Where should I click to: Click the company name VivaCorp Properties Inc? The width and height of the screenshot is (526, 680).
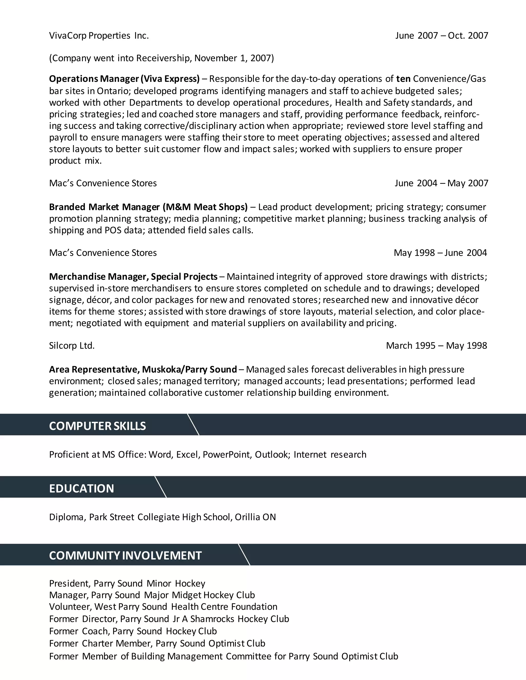[99, 36]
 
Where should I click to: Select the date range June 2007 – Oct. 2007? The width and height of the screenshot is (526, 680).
[442, 36]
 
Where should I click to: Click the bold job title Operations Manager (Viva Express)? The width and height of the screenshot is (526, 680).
[124, 79]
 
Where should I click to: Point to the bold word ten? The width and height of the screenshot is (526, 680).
[403, 79]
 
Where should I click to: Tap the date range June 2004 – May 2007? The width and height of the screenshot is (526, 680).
[441, 183]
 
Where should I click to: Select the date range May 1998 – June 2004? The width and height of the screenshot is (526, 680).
[440, 253]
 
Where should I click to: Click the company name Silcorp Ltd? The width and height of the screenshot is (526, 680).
[72, 346]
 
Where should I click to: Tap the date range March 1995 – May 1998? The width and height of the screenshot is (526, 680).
[436, 346]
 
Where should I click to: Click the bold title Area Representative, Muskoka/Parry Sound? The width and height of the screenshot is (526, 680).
[143, 370]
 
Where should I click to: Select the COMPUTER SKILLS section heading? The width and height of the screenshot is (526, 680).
[98, 426]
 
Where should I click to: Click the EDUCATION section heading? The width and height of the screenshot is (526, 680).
[82, 489]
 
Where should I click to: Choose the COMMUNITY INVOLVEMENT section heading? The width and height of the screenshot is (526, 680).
[126, 556]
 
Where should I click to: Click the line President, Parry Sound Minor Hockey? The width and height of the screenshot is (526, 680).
[127, 584]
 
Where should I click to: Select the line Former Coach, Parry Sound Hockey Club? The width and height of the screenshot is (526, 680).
[133, 631]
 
